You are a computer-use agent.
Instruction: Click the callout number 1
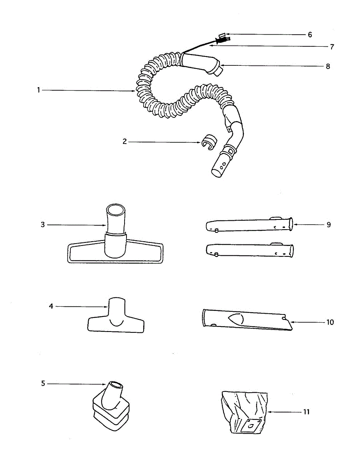click(x=39, y=90)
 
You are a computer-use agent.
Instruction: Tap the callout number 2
click(x=125, y=142)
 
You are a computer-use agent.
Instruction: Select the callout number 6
click(x=310, y=35)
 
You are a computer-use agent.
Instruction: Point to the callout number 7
click(x=332, y=47)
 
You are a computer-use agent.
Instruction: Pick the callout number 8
click(x=328, y=67)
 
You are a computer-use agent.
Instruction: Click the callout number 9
click(x=329, y=225)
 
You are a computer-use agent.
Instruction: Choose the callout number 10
click(x=330, y=322)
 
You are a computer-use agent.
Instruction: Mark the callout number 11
click(x=306, y=412)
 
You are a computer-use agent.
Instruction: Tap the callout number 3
click(x=43, y=225)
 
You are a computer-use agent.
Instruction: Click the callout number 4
click(x=51, y=306)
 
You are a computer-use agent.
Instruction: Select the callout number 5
click(x=43, y=383)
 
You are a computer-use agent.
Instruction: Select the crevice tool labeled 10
click(x=245, y=320)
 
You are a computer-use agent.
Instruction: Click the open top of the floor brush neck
click(x=116, y=210)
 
